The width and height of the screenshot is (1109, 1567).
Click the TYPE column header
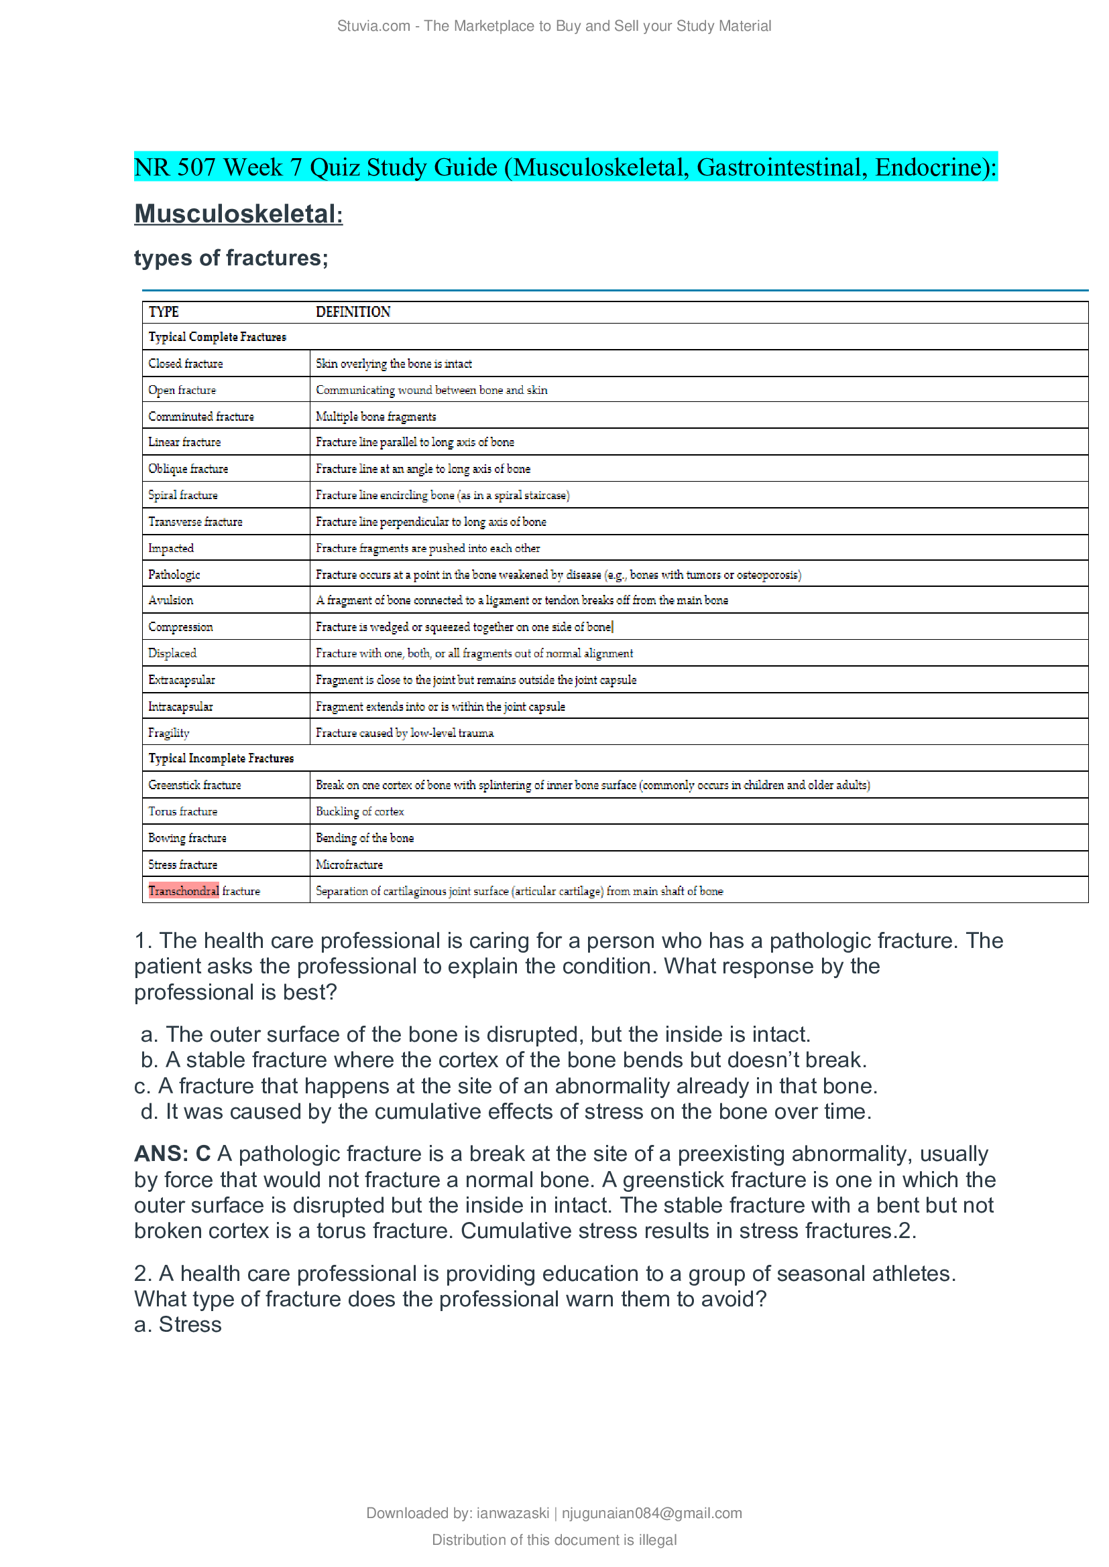[x=164, y=312]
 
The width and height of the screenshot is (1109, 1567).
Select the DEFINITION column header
[x=353, y=312]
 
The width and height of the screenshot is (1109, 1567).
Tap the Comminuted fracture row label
[x=200, y=416]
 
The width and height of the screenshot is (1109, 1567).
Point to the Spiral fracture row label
[x=183, y=495]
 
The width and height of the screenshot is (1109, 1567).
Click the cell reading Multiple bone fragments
[x=375, y=416]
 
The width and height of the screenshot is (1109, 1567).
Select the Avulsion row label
[x=171, y=600]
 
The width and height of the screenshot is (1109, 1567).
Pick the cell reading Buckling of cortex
[x=360, y=811]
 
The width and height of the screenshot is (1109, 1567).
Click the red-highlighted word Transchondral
[x=184, y=890]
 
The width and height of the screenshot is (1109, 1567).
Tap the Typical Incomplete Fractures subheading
[x=221, y=758]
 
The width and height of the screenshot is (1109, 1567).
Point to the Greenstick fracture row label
[x=194, y=785]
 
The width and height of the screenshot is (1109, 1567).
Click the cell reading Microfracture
[x=349, y=865]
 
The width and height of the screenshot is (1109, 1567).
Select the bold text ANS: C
[x=172, y=1154]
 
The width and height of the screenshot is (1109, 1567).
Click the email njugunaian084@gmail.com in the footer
[x=652, y=1513]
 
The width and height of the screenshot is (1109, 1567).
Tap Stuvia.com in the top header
[x=373, y=26]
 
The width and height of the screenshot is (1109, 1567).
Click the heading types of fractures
[x=231, y=258]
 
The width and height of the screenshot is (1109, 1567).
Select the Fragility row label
[x=169, y=733]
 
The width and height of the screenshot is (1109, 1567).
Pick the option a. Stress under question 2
[x=178, y=1324]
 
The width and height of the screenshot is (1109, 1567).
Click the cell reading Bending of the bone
[x=365, y=838]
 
